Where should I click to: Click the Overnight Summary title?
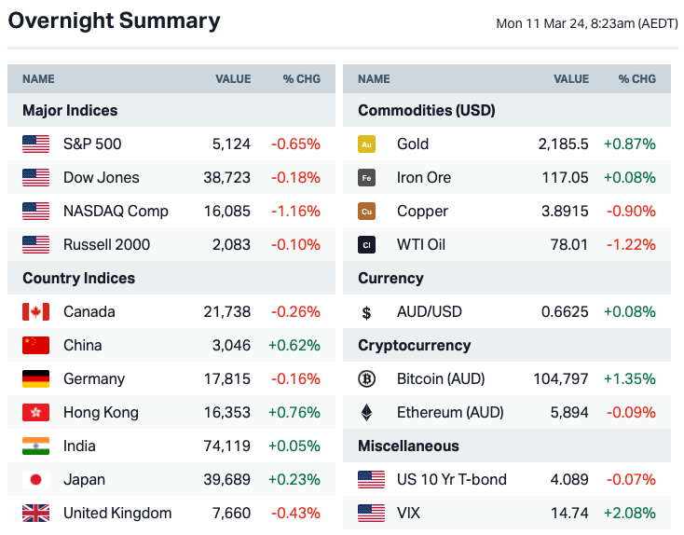tap(114, 21)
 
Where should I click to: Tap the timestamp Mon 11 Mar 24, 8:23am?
tap(586, 23)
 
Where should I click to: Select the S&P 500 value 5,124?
tap(231, 144)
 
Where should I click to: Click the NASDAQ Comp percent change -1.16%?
tap(295, 211)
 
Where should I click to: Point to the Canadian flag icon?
tap(35, 311)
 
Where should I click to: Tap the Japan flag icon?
tap(35, 479)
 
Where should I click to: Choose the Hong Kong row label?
tap(101, 412)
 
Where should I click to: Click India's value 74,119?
tap(226, 446)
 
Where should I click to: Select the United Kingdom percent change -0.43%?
tap(295, 513)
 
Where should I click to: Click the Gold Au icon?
tap(367, 144)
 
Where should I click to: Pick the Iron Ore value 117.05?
tap(565, 177)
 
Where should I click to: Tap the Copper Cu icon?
tap(367, 211)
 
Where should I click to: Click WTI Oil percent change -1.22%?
tap(631, 244)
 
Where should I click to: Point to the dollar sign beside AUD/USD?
tap(367, 311)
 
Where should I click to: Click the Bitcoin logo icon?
tap(367, 378)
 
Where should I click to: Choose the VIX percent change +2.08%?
tap(629, 513)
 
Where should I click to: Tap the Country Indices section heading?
tap(78, 278)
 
